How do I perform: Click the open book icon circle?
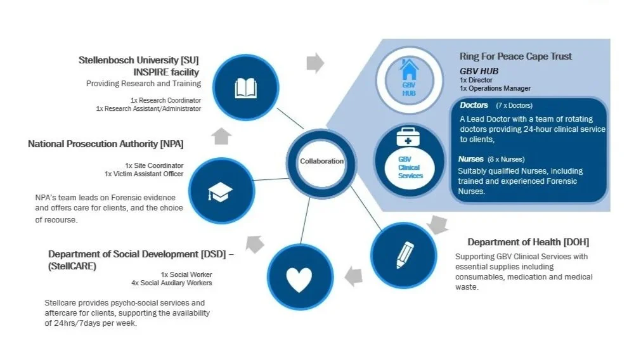tap(245, 88)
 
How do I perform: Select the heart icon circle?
tap(299, 278)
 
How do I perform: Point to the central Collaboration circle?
tap(321, 161)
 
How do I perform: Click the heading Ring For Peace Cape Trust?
tap(515, 56)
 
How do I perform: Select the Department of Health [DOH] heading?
tap(529, 242)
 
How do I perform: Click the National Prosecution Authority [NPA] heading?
tap(105, 144)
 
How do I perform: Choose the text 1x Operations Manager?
tap(495, 89)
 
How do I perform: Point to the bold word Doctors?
tap(474, 105)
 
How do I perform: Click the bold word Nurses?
tap(471, 159)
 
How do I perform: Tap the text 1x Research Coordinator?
tap(165, 100)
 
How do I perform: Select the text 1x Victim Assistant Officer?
tap(144, 174)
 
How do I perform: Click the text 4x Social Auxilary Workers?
tap(171, 283)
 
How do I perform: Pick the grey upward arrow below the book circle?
tap(222, 136)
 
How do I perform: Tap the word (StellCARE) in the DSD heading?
tap(72, 267)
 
